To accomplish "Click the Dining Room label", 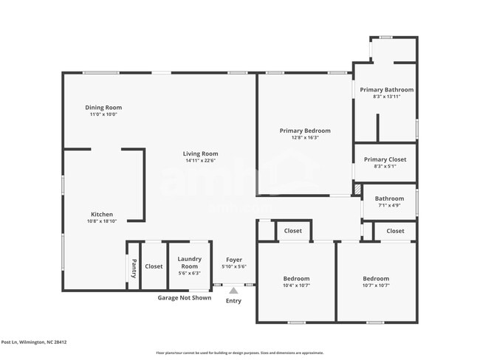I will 103,108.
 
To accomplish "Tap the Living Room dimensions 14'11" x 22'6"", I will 201,161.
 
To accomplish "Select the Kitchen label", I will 102,215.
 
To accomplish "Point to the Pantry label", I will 134,266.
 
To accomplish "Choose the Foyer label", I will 234,259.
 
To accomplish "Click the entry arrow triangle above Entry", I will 233,291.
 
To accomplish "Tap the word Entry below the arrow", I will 233,300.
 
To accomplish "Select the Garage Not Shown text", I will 184,298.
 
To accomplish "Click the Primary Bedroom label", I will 305,131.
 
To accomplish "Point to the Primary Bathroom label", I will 386,90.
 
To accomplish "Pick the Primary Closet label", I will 385,159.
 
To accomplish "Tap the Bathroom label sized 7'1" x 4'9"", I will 389,198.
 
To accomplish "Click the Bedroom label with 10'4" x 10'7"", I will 296,279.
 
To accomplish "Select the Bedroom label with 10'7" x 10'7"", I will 375,279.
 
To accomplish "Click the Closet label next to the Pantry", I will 154,266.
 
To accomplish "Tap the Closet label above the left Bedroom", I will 293,231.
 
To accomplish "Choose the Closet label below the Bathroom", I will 395,231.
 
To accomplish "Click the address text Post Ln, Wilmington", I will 34,342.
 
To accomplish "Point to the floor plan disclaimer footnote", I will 239,353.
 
